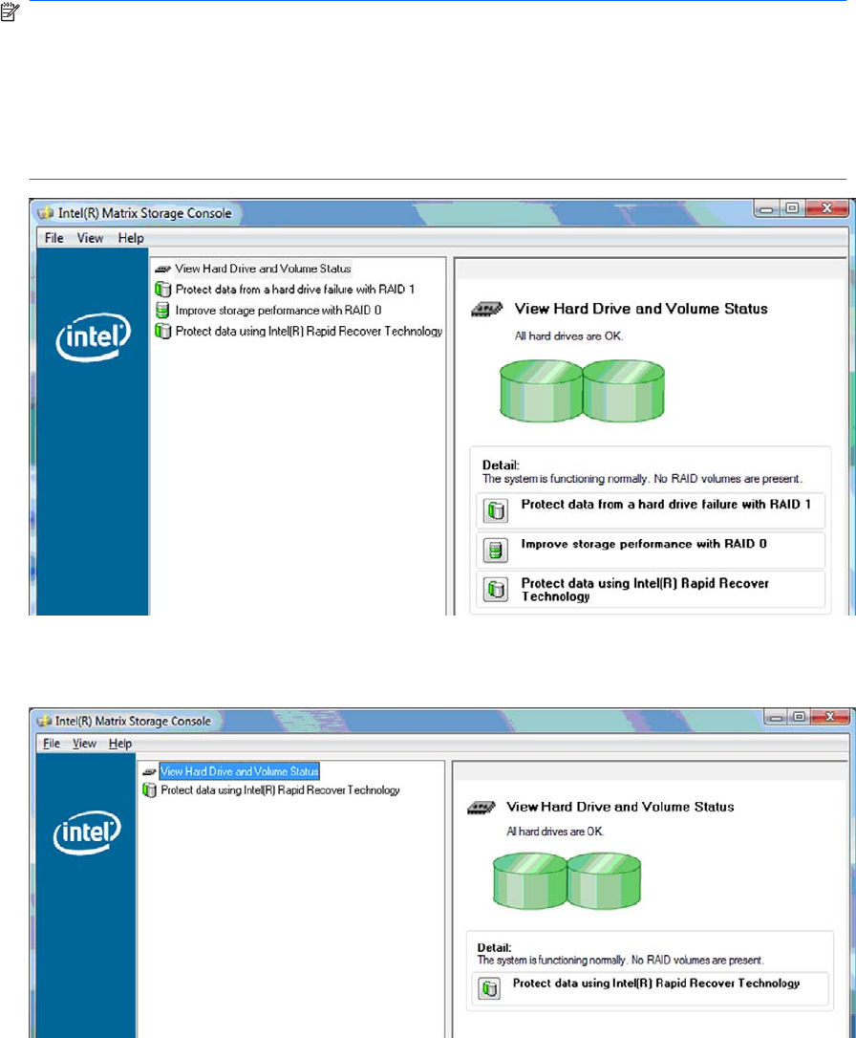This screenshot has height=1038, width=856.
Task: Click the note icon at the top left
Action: pyautogui.click(x=10, y=11)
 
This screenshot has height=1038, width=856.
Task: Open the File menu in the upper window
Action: pyautogui.click(x=53, y=238)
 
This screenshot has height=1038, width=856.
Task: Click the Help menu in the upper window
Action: pyautogui.click(x=131, y=238)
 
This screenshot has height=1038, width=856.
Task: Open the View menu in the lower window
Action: pyautogui.click(x=84, y=744)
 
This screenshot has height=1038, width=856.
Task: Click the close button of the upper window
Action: pyautogui.click(x=827, y=208)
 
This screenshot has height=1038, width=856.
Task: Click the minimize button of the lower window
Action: pyautogui.click(x=777, y=717)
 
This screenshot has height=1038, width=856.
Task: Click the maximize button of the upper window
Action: pyautogui.click(x=792, y=208)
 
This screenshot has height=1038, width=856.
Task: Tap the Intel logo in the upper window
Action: pyautogui.click(x=93, y=337)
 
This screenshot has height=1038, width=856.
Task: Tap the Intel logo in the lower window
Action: pyautogui.click(x=87, y=833)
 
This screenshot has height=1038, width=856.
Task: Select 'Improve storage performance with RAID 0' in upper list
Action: pyautogui.click(x=278, y=311)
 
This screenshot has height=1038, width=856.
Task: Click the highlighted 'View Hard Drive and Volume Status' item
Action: pyautogui.click(x=240, y=771)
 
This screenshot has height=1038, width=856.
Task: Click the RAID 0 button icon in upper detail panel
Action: pyautogui.click(x=496, y=551)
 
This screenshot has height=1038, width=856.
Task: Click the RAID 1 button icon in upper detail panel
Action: pyautogui.click(x=496, y=510)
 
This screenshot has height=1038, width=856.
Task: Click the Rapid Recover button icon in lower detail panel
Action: pyautogui.click(x=489, y=988)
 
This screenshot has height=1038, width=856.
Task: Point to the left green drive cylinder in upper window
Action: pyautogui.click(x=541, y=391)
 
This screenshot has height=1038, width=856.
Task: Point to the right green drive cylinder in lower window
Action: pyautogui.click(x=604, y=880)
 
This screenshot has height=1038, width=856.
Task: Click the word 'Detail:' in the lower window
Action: pyautogui.click(x=494, y=947)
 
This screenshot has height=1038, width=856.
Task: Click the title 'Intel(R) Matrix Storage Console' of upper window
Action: pyautogui.click(x=145, y=213)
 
